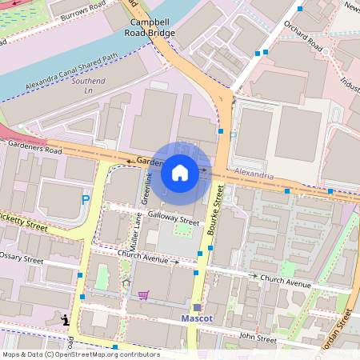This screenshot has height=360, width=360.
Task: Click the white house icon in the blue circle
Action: pos(180,173)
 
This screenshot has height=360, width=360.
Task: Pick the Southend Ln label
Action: pos(88,86)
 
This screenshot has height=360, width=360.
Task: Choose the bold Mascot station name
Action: pos(197,318)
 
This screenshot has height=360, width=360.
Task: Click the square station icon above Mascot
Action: pos(197,306)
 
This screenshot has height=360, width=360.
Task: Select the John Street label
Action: pos(256,340)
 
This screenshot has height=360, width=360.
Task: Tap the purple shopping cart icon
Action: pos(144,294)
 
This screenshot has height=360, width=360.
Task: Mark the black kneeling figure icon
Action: pos(65,320)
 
